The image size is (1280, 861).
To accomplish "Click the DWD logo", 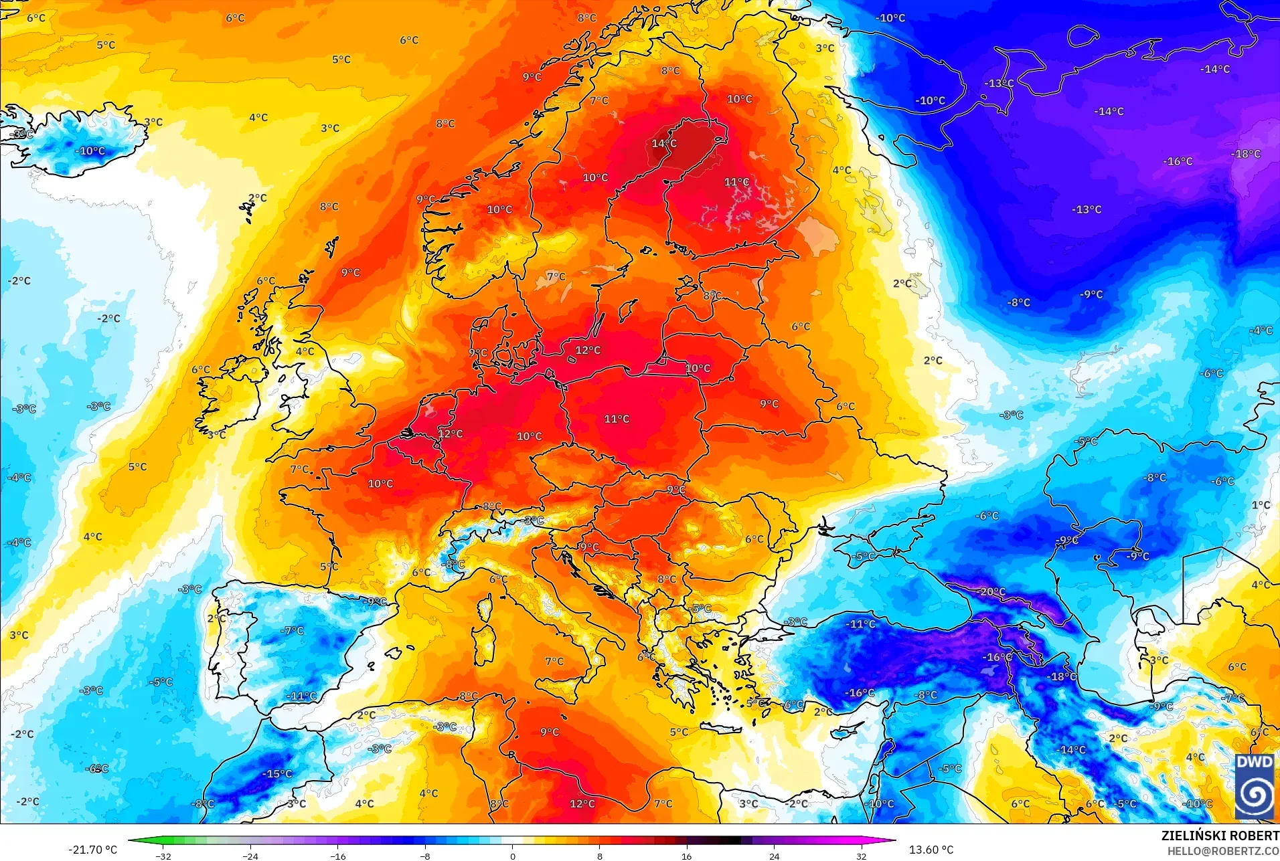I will pos(1254,786).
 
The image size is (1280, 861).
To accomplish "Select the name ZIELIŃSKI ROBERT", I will pos(1220,836).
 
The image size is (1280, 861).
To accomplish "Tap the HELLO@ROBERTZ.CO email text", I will pos(1223,851).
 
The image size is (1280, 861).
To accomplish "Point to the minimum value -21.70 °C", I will pos(92,850).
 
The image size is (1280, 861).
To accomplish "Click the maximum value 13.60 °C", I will pos(931,850).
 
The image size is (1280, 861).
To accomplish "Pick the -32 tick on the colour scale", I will pos(163,856).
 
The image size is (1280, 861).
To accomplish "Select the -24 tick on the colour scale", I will pos(250,856).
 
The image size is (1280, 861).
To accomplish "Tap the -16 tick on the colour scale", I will pos(338,856).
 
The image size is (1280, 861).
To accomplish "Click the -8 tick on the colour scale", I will pos(425,856).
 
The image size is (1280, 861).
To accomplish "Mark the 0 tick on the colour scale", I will pos(513,856).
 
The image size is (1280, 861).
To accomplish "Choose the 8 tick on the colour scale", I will pos(600,856).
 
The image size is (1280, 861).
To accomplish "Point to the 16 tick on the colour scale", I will pos(687,856).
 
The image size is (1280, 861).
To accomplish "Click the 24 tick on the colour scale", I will pos(775,856).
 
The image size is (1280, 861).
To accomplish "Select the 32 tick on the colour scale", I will pos(862,856).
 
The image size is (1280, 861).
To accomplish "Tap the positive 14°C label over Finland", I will pos(664,143).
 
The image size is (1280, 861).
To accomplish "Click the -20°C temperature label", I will pos(992,591).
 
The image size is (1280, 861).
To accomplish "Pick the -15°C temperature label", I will pos(278,773).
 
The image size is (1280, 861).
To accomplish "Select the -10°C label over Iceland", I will pos(92,151).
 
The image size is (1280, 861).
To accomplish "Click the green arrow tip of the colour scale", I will pos(131,841).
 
